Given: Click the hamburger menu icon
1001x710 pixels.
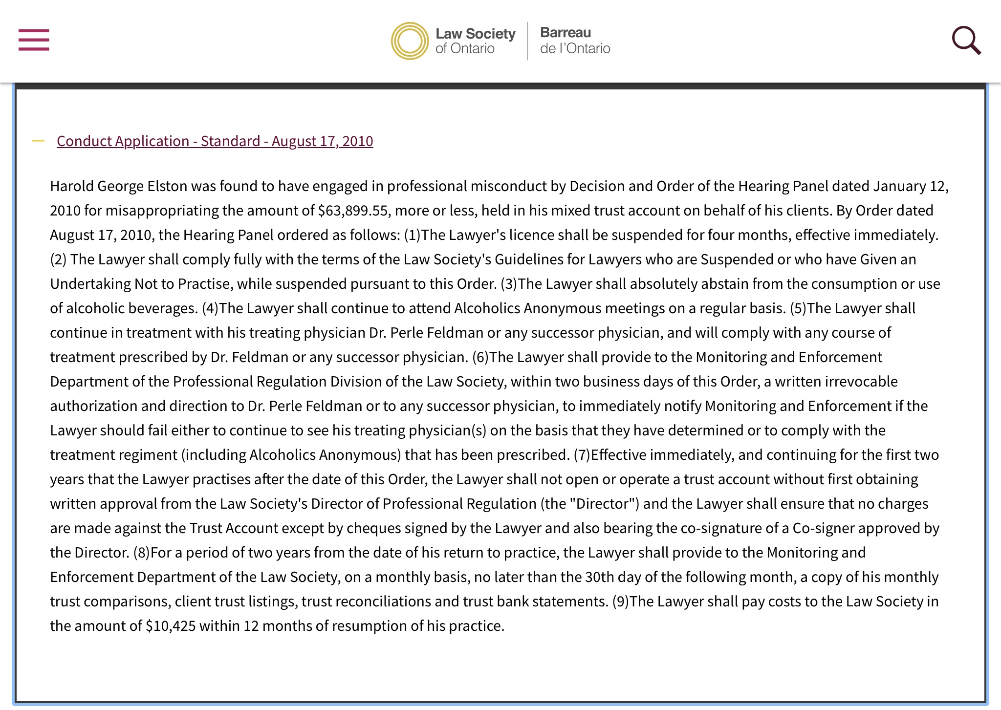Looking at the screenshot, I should pos(34,40).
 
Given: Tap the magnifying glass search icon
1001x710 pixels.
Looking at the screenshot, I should pos(966,40).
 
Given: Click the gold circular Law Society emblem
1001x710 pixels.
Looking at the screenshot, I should pos(410,41).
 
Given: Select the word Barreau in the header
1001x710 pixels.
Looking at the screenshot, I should pos(566,33).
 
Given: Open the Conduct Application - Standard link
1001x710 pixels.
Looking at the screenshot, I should pos(215,141).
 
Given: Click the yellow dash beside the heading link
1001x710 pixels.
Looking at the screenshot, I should pos(38,141).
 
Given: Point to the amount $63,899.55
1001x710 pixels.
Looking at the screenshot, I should pos(353,211).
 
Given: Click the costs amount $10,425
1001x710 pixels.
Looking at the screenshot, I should pos(171,626).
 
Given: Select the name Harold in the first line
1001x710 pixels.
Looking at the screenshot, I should pos(72,186).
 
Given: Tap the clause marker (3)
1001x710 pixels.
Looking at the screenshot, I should pos(508,284).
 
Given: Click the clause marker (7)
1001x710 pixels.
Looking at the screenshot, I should pos(582,455).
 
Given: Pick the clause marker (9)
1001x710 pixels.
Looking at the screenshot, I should pos(620,602).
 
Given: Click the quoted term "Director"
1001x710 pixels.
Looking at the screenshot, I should pos(604,504).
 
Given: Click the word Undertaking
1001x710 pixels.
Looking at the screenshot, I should pos(90,284).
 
